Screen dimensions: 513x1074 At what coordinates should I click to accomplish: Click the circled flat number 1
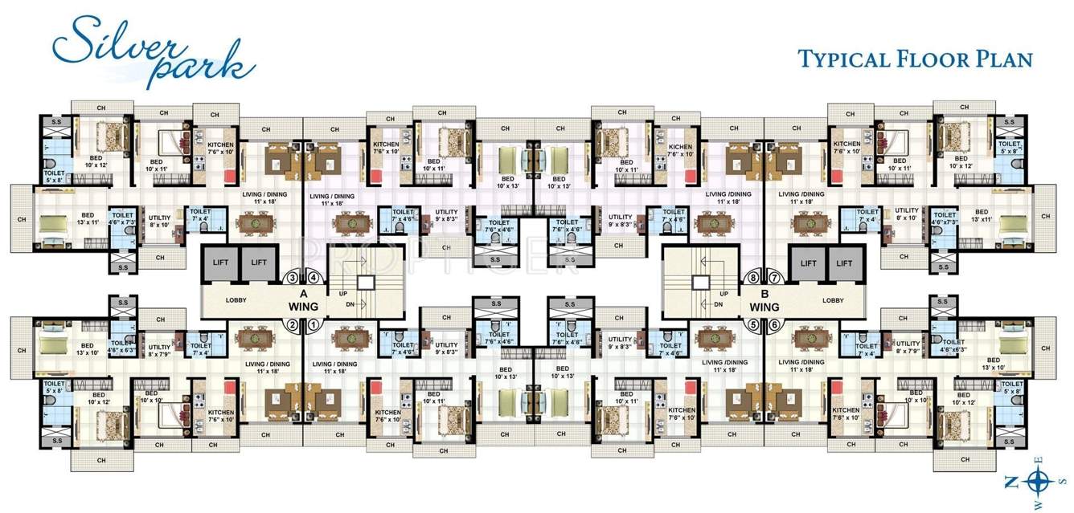(314, 325)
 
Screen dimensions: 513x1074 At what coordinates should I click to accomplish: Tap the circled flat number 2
(293, 325)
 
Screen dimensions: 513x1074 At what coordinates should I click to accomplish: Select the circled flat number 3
(293, 279)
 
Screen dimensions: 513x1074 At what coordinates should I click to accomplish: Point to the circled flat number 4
(314, 279)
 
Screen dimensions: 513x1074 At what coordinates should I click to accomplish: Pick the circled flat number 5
(754, 325)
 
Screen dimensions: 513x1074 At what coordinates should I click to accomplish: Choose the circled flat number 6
(774, 325)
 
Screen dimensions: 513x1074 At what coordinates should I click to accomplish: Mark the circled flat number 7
(774, 279)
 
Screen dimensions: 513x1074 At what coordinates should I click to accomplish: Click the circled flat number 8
(754, 279)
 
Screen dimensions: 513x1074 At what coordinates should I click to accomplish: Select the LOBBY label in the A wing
(236, 300)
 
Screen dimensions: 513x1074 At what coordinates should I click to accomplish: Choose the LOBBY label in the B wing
(833, 300)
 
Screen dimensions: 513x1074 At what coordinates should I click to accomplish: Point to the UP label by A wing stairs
(342, 294)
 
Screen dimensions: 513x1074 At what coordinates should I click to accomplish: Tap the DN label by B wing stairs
(724, 305)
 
